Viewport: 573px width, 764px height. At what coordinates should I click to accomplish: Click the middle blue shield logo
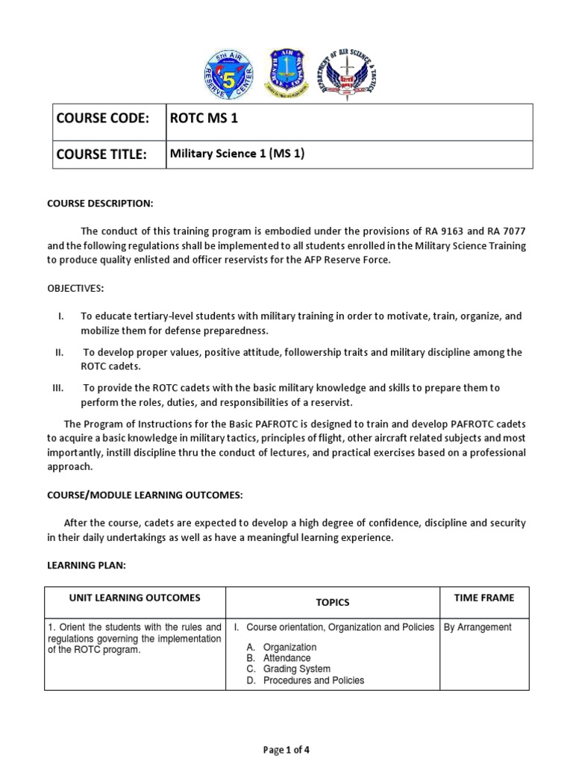coord(286,75)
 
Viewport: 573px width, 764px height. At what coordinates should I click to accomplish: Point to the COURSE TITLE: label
coord(104,154)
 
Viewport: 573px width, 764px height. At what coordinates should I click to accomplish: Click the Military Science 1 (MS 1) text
coord(237,154)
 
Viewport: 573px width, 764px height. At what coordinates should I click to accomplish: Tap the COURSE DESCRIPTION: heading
coord(100,204)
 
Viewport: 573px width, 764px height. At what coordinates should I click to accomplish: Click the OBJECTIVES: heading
coord(75,288)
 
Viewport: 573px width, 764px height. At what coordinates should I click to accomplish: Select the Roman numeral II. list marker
coord(60,352)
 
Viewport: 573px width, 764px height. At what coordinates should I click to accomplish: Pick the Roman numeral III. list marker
coord(60,388)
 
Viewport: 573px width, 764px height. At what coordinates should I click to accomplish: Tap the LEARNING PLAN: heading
coord(87,566)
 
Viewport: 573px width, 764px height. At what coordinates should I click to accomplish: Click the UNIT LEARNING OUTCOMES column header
coord(135,598)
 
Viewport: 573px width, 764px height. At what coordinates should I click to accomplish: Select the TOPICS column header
coord(333,602)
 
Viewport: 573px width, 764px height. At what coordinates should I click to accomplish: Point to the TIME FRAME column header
coord(484,598)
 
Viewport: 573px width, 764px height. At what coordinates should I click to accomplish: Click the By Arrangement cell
coord(477,627)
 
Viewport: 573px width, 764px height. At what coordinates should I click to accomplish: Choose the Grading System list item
coord(297,669)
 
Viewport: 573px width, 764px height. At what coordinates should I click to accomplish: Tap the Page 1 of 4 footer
coord(286,751)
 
